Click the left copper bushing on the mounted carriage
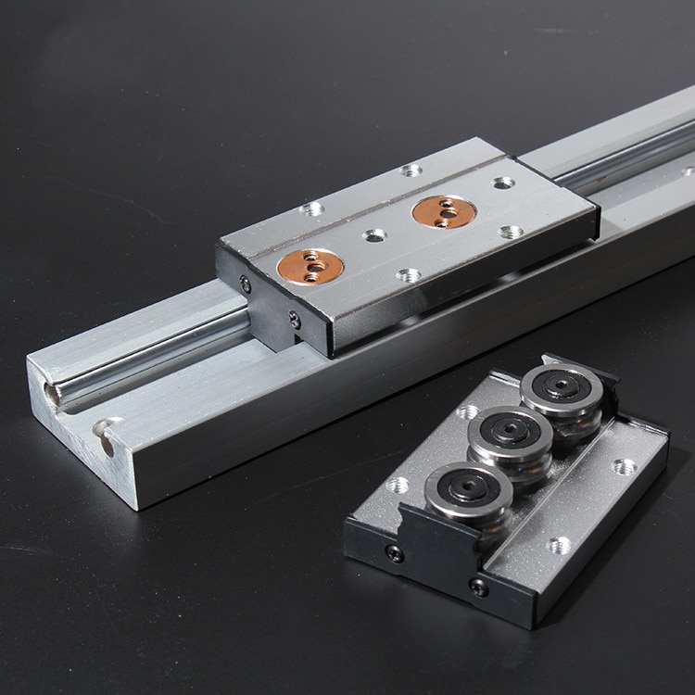[310, 266]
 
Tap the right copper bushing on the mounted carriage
[445, 211]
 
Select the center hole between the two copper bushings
[374, 235]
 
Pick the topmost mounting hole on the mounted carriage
[411, 170]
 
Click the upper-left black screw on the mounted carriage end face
[246, 284]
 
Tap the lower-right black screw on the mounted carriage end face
[295, 321]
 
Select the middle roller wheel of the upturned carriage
[510, 435]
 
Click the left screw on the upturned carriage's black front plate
[395, 553]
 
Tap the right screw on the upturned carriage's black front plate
[479, 587]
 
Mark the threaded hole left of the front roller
[398, 484]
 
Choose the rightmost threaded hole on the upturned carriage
[625, 466]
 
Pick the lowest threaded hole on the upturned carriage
[559, 545]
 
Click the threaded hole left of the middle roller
[467, 411]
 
